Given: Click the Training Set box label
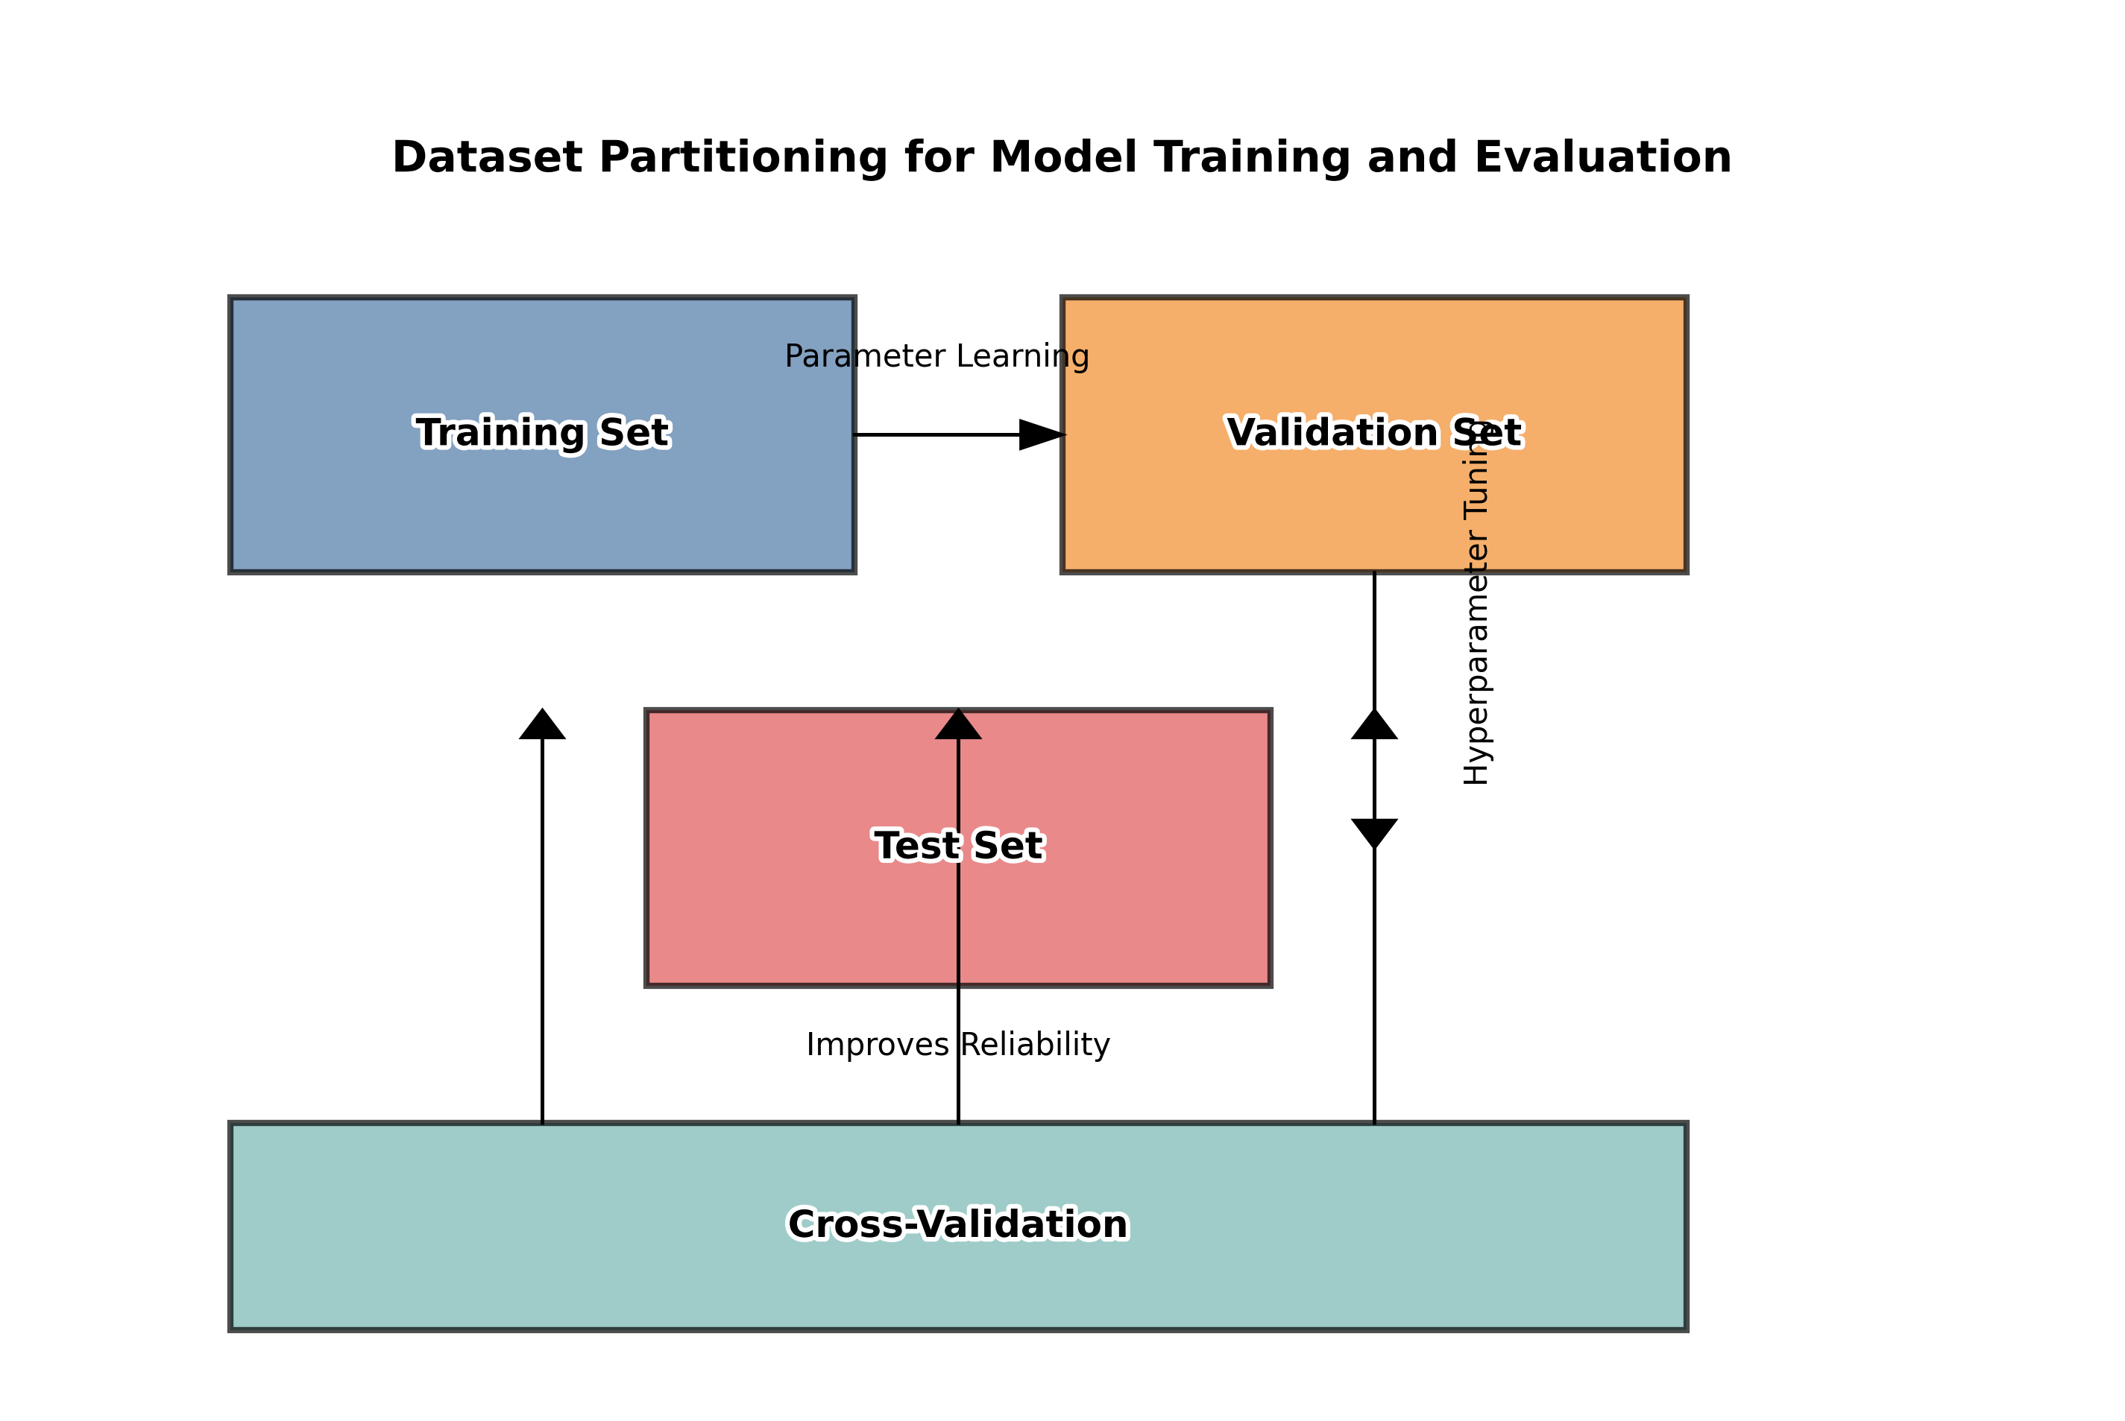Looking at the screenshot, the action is tap(542, 433).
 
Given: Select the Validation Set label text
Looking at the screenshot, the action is tap(1373, 433).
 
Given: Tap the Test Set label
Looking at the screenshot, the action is tap(958, 846).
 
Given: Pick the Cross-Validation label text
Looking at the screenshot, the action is tap(958, 1224).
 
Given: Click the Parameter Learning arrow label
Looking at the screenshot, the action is tap(936, 356).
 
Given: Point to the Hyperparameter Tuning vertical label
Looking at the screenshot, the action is tap(1476, 603).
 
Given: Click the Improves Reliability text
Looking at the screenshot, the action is tap(958, 1045).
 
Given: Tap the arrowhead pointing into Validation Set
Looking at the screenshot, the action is tap(1042, 435).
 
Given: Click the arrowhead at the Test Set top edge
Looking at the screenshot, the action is tap(958, 725).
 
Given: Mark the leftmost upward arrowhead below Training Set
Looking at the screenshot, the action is tap(542, 725).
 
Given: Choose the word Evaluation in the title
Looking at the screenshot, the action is tap(1603, 158).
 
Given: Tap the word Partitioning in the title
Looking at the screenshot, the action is tap(743, 158).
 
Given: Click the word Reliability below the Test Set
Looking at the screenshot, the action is tap(1034, 1045).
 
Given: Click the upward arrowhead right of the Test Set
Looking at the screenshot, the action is tap(1374, 725).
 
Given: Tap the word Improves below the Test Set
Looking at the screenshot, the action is tap(878, 1045).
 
